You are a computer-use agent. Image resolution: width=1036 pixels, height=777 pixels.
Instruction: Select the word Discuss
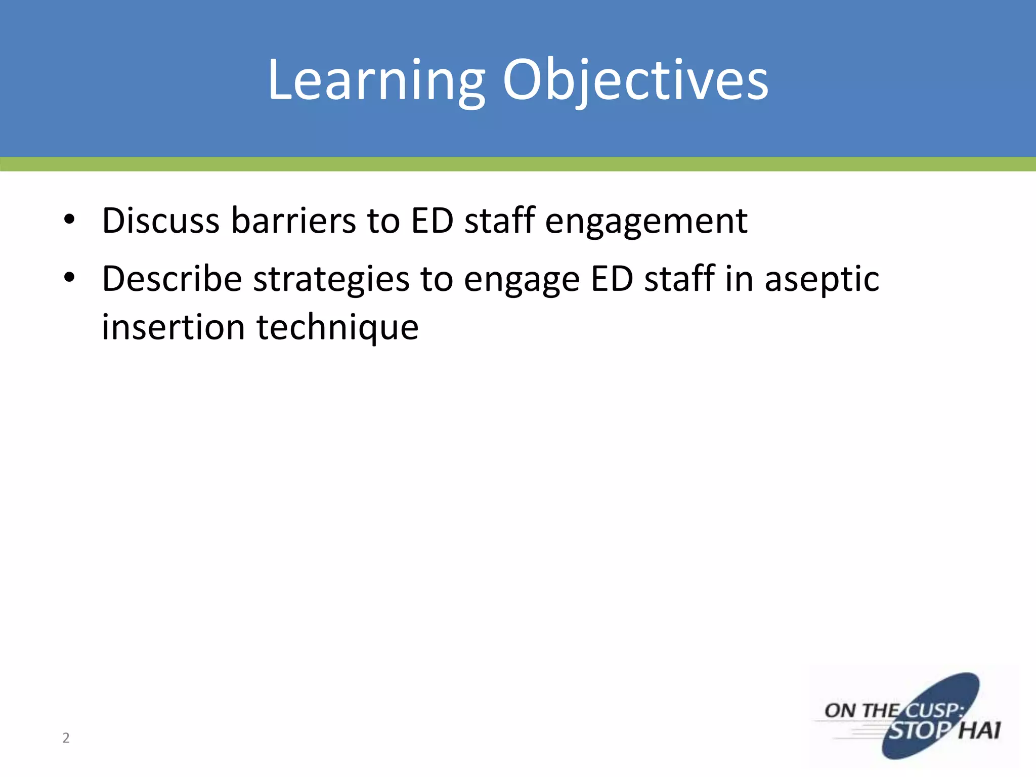pyautogui.click(x=160, y=221)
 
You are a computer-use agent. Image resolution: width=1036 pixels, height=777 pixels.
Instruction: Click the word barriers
pyautogui.click(x=293, y=221)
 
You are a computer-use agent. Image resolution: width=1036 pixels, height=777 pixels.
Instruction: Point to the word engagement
pyautogui.click(x=646, y=222)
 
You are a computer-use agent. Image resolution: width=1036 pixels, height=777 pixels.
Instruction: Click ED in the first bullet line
pyautogui.click(x=432, y=221)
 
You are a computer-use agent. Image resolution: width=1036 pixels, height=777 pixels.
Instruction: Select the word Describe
pyautogui.click(x=172, y=279)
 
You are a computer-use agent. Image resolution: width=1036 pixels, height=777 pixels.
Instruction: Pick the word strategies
pyautogui.click(x=331, y=280)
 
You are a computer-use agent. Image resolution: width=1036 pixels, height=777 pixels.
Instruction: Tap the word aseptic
pyautogui.click(x=822, y=280)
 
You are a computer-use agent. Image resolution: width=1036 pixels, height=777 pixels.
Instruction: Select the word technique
pyautogui.click(x=337, y=328)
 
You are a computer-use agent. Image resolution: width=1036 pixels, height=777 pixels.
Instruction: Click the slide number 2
pyautogui.click(x=66, y=738)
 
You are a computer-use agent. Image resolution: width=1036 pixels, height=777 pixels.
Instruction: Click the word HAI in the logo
pyautogui.click(x=979, y=730)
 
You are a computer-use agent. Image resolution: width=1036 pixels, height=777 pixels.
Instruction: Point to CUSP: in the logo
pyautogui.click(x=933, y=710)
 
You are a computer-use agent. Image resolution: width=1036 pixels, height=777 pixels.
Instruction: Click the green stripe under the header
pyautogui.click(x=518, y=164)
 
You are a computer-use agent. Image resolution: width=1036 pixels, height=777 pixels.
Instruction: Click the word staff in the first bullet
pyautogui.click(x=499, y=221)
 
